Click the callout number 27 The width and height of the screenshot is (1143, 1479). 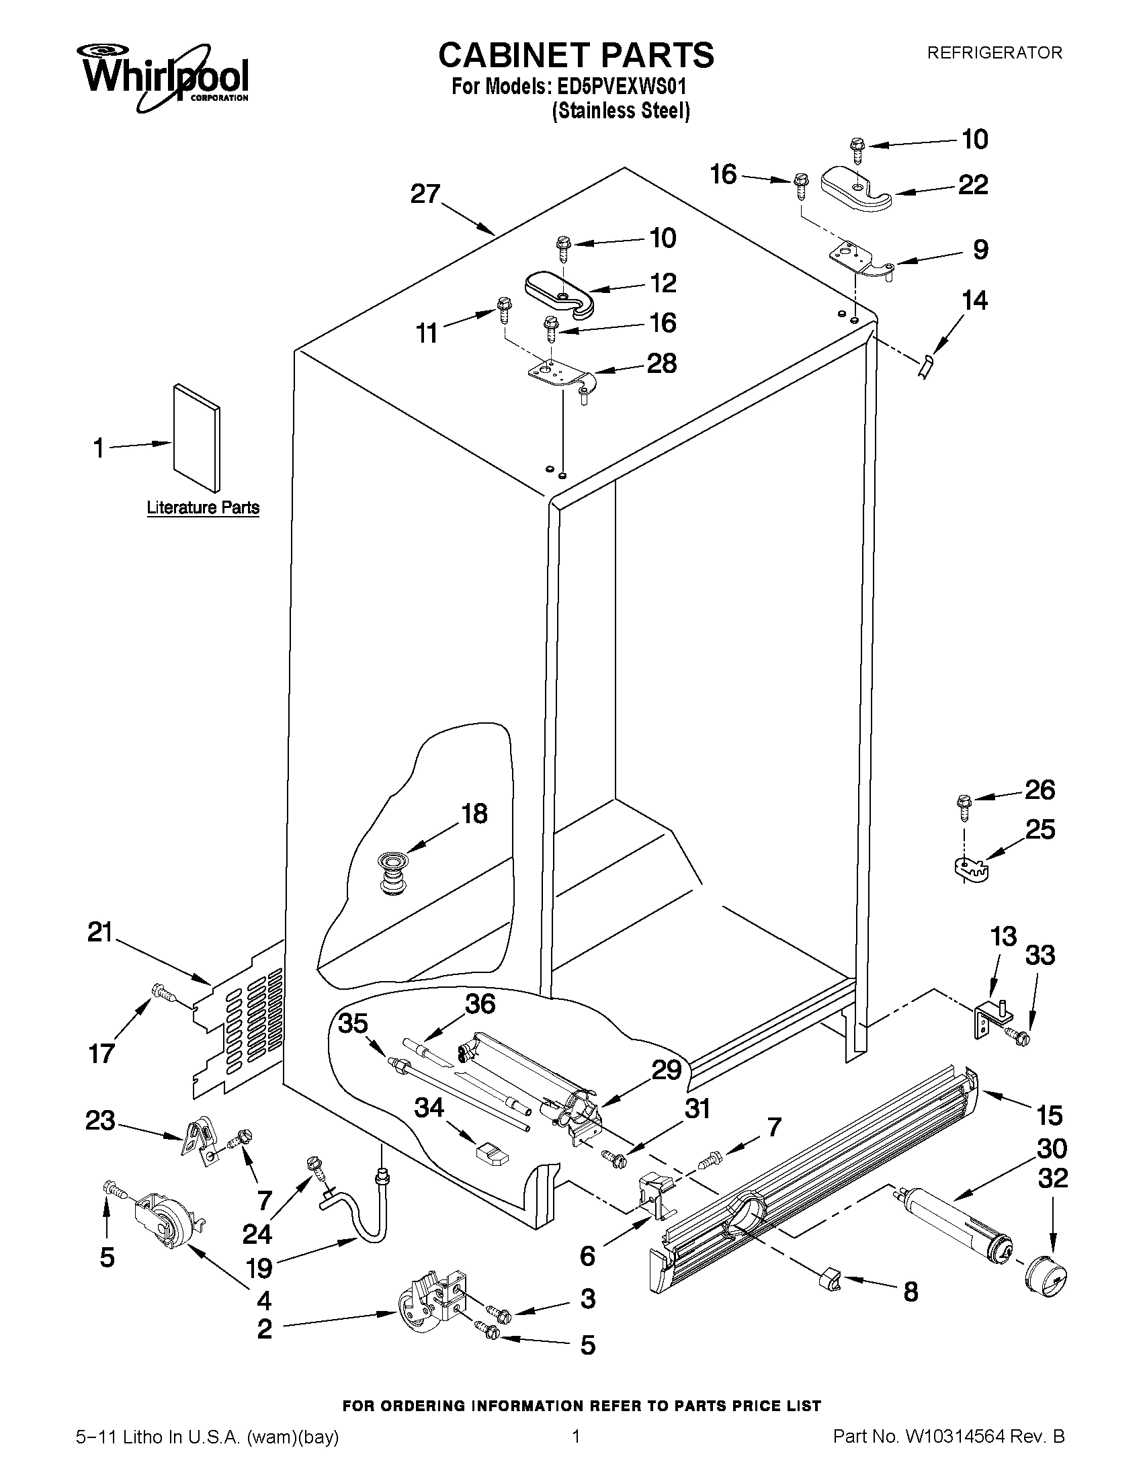pos(426,194)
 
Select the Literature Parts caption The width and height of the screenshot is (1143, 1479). pos(203,507)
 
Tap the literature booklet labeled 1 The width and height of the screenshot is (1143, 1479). pos(196,438)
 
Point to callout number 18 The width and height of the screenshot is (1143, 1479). pos(474,813)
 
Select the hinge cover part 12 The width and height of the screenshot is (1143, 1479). pos(559,292)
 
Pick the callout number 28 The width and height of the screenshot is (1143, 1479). pos(662,364)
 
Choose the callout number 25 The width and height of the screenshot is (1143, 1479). pos(1040,829)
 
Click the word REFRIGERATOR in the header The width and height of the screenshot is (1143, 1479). pos(994,52)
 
